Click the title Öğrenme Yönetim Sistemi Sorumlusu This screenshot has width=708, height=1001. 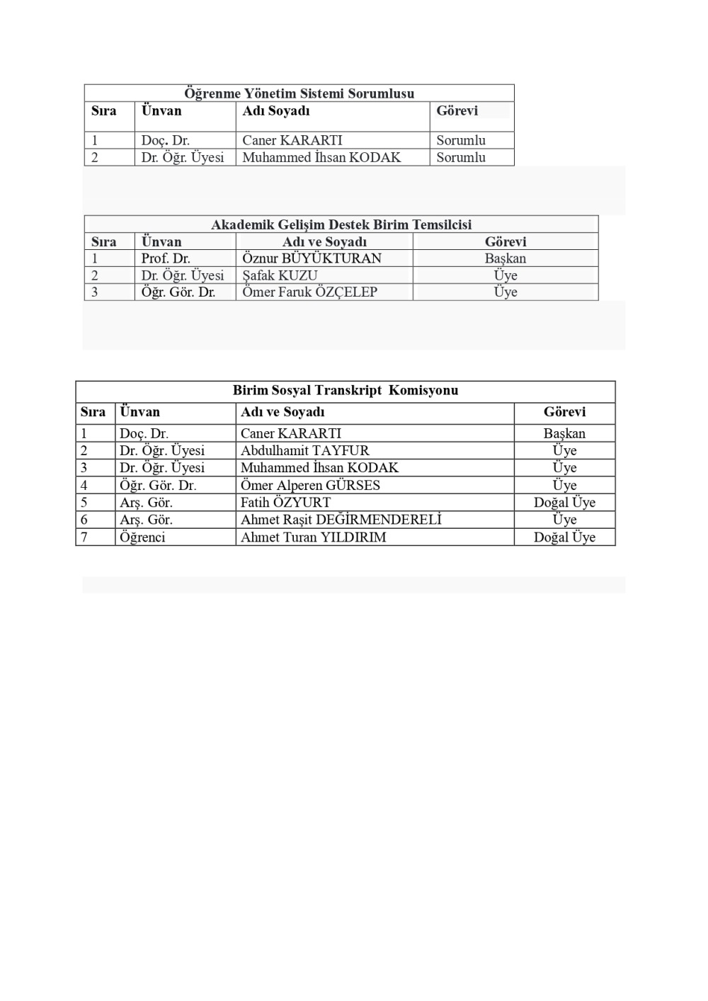click(x=299, y=93)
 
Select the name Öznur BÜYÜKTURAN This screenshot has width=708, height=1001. click(x=312, y=258)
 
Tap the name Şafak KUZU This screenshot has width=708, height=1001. click(x=280, y=275)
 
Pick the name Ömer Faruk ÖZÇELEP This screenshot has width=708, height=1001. click(x=309, y=292)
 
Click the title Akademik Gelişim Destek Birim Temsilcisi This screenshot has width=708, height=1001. click(x=341, y=225)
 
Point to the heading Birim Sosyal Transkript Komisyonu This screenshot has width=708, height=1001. click(x=346, y=390)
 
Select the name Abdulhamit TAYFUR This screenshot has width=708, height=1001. click(x=304, y=450)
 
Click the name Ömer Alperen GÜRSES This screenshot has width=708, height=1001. click(x=310, y=485)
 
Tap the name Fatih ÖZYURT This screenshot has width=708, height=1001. click(x=285, y=502)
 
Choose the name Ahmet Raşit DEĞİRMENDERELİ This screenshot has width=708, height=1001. click(x=341, y=520)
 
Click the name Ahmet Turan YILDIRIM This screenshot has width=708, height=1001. click(x=313, y=537)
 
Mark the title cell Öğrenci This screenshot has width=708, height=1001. click(x=142, y=537)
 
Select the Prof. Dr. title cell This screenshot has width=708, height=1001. click(x=166, y=258)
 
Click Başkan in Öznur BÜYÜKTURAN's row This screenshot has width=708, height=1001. click(x=506, y=258)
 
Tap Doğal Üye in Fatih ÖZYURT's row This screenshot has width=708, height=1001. click(x=564, y=502)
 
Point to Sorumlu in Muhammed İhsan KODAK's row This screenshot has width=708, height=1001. click(x=461, y=157)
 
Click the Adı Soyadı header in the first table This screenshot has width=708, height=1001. click(x=276, y=111)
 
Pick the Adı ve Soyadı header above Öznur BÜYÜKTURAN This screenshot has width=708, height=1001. click(x=324, y=242)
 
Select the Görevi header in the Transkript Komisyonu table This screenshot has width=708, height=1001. click(x=564, y=412)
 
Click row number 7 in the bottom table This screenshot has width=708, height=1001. click(x=84, y=537)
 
